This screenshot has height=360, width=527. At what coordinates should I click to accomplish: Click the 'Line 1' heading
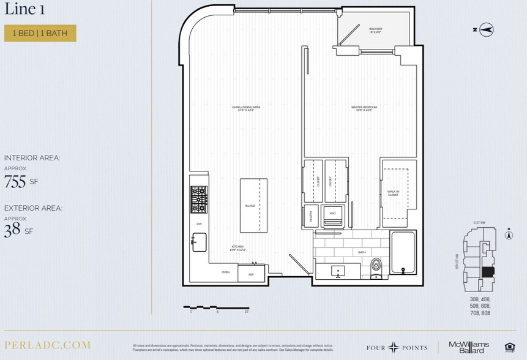[x=24, y=10]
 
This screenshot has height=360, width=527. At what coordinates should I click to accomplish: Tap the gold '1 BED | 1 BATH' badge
[x=40, y=33]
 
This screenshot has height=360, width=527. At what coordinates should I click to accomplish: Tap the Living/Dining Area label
[x=242, y=108]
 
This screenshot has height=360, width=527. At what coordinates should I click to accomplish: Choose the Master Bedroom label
[x=364, y=108]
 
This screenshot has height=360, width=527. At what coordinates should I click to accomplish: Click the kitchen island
[x=253, y=205]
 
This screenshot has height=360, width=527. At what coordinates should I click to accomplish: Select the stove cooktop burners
[x=199, y=200]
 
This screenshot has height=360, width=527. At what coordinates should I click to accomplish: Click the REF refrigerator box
[x=251, y=274]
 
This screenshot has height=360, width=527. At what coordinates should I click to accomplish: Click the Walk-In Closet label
[x=393, y=193]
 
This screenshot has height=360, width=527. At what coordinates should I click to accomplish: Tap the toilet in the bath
[x=376, y=267]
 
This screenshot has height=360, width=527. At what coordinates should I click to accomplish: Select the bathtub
[x=403, y=253]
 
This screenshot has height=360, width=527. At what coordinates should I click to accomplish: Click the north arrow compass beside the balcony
[x=487, y=29]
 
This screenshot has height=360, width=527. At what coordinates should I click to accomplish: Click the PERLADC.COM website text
[x=47, y=345]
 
